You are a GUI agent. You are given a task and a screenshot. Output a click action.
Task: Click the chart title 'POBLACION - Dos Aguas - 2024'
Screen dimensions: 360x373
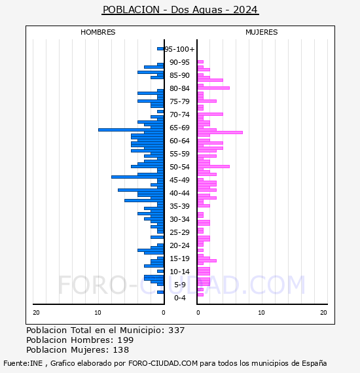[x=180, y=10]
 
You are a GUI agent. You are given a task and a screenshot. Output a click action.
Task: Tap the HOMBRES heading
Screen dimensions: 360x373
[x=98, y=32]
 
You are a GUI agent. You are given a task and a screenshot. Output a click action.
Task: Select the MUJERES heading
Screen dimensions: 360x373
[x=262, y=32]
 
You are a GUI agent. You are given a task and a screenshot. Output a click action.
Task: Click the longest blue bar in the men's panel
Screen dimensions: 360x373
[x=131, y=130]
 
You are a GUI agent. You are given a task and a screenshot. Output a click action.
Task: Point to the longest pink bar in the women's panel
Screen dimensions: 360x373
[x=220, y=132]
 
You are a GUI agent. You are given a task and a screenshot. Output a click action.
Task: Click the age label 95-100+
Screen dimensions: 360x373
[x=179, y=49]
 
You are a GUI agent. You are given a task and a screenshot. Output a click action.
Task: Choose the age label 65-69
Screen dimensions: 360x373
[x=179, y=128]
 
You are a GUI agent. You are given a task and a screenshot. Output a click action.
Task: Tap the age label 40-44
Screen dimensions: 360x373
[x=179, y=193]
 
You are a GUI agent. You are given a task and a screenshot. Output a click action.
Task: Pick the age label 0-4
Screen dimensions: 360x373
[x=179, y=298]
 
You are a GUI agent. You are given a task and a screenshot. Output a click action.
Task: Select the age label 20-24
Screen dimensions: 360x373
[x=179, y=245]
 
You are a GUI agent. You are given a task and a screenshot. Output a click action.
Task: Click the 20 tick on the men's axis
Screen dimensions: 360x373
[x=36, y=313]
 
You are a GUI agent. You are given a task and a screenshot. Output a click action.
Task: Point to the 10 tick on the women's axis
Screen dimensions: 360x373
[x=261, y=313]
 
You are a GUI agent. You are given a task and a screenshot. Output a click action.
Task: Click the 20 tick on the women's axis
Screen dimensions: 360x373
[x=323, y=313]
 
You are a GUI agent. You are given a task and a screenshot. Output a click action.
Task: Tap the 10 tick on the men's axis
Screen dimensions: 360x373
[x=98, y=313]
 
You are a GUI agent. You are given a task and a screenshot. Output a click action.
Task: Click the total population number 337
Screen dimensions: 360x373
[x=176, y=330]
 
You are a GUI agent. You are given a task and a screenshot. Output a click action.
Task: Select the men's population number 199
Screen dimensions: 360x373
[x=126, y=340]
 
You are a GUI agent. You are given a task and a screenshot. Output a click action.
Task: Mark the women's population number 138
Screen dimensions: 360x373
[x=121, y=349]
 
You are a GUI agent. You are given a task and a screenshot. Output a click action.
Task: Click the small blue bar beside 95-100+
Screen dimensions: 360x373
[x=160, y=49]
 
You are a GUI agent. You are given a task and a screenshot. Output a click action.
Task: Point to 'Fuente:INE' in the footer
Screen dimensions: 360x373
[x=23, y=363]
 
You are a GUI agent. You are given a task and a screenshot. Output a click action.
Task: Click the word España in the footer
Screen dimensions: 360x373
[x=314, y=363]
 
